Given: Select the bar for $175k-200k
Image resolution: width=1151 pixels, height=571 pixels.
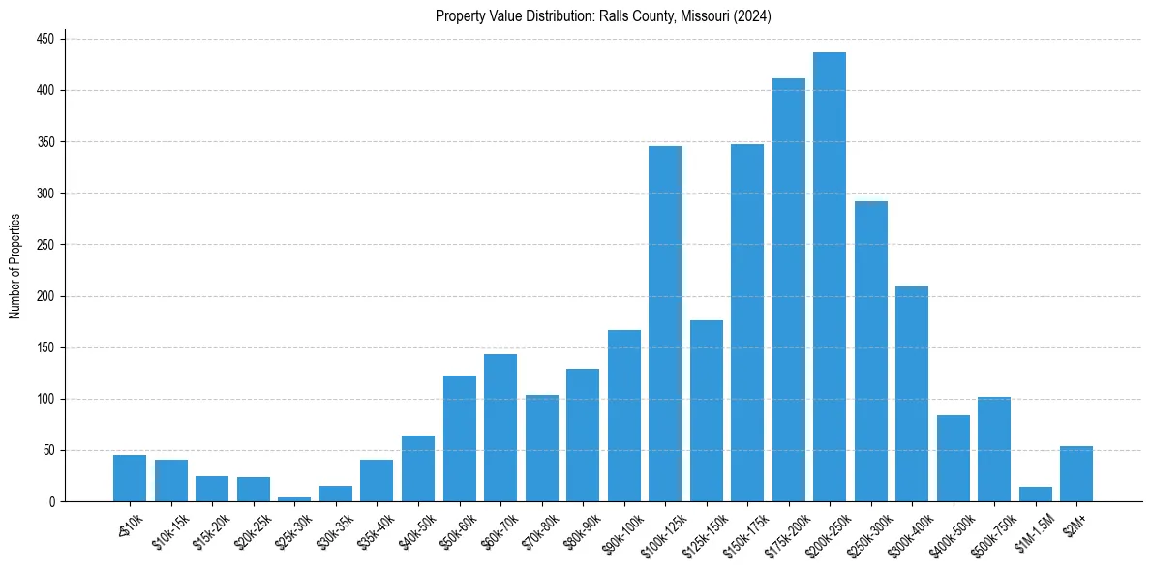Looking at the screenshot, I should [788, 290].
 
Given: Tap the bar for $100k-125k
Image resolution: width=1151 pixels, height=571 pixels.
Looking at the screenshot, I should [665, 323].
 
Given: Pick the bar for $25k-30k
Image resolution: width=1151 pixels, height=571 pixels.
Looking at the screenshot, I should [294, 498].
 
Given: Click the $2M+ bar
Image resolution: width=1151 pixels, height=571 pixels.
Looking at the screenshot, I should [1076, 474].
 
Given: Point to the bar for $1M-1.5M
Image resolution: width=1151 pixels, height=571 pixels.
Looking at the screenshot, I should [1035, 495].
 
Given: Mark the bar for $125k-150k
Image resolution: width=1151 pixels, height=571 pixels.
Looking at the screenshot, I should [706, 410].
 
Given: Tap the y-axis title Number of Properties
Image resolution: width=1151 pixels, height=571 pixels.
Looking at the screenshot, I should [15, 266].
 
